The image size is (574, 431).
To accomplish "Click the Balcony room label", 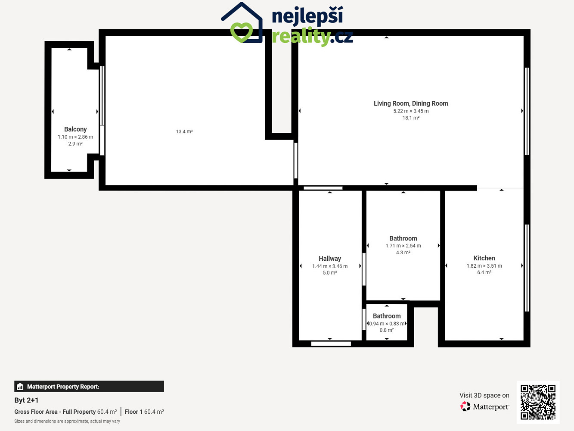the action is click(x=75, y=129).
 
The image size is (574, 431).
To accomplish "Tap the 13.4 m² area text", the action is click(x=184, y=131).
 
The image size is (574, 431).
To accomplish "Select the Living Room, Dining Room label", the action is click(x=411, y=103).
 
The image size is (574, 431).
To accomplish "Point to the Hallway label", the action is click(x=330, y=259).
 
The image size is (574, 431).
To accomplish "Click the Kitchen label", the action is click(x=484, y=258).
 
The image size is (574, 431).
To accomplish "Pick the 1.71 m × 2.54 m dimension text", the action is click(x=403, y=246).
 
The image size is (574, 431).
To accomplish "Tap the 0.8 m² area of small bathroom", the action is click(x=387, y=330).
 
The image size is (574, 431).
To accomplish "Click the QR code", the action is click(x=538, y=402).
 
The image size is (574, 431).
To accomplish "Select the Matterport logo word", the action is click(x=491, y=407).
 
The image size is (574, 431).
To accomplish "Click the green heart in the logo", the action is click(x=242, y=32).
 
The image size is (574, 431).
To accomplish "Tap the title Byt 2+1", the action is click(x=26, y=400).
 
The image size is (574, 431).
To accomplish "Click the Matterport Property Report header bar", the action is click(x=89, y=387).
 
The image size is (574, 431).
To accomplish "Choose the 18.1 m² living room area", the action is click(x=411, y=118).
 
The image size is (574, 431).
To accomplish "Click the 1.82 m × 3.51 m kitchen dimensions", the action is click(x=484, y=266).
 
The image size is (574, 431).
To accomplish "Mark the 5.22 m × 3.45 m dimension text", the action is click(x=411, y=111).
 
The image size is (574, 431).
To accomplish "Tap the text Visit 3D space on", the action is click(x=484, y=395).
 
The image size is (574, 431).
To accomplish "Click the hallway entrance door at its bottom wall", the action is click(x=331, y=344).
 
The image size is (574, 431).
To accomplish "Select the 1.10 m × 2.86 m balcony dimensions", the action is click(x=75, y=137).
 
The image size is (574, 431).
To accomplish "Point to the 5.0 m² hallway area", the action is click(x=330, y=273).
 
